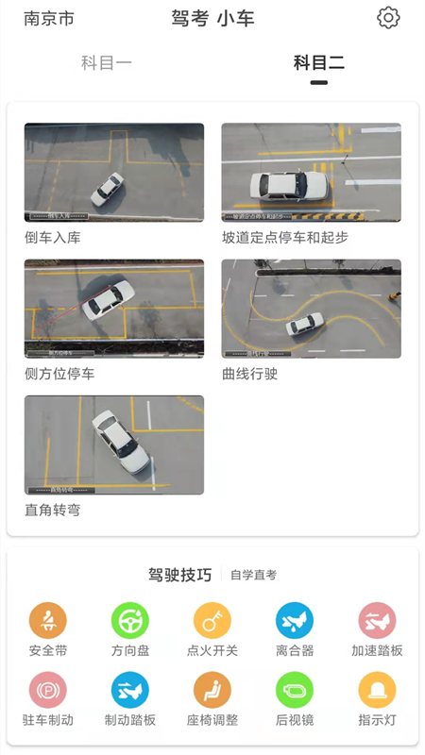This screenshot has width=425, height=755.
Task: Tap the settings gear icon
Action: [x=388, y=18]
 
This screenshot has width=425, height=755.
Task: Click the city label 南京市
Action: [x=49, y=19]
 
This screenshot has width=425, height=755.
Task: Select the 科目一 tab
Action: [x=106, y=63]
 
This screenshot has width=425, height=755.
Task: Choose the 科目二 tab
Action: [x=318, y=63]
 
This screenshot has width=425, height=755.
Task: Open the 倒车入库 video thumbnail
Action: [x=113, y=173]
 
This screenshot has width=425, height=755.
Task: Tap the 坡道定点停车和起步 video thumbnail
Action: [x=311, y=173]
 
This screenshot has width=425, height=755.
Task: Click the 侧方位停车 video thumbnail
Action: [x=113, y=309]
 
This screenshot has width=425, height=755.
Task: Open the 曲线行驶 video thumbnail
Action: [x=311, y=309]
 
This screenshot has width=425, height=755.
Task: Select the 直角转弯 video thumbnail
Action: [x=113, y=445]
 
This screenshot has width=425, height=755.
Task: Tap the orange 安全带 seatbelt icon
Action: [x=48, y=621]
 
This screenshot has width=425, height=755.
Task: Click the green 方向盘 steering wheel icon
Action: [x=130, y=621]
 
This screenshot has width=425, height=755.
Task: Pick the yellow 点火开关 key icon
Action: [x=212, y=621]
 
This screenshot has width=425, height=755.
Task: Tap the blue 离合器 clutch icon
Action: [x=295, y=621]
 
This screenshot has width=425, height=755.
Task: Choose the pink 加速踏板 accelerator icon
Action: [x=377, y=621]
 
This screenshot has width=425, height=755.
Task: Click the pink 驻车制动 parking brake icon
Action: [x=48, y=690]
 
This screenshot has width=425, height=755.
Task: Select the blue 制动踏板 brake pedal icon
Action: [x=130, y=690]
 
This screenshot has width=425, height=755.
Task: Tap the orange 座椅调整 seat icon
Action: [x=212, y=690]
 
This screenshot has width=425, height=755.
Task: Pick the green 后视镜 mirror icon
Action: [x=295, y=690]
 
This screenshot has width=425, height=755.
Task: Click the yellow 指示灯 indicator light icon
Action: [x=377, y=690]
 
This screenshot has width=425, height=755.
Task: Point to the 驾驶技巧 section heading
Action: [x=179, y=575]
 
